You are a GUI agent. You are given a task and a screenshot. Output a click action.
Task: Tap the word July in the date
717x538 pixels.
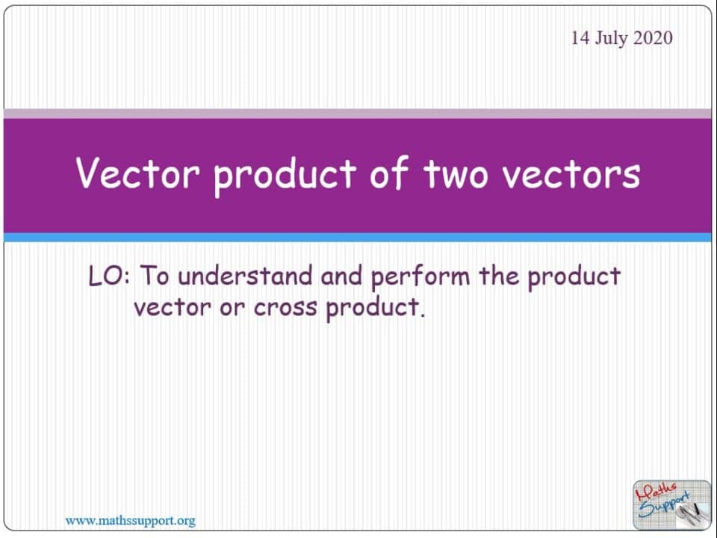612,39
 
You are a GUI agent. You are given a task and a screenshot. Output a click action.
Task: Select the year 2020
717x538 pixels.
653,38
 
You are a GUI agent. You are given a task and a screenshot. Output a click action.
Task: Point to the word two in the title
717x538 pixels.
456,174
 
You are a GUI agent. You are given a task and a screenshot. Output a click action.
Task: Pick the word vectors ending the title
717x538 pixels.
571,174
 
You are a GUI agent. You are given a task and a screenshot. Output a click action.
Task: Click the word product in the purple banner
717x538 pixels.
285,176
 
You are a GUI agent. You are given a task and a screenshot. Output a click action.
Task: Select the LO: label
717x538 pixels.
109,276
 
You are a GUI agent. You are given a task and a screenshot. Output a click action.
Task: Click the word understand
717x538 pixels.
245,276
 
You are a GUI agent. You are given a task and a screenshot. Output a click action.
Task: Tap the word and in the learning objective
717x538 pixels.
341,276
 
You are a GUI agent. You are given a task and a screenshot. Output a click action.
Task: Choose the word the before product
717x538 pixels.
498,276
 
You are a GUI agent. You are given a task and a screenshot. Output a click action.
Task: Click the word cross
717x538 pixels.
285,307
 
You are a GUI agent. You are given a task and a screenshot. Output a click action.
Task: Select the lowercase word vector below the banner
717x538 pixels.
173,306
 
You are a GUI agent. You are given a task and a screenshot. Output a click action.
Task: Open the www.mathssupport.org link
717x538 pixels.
130,521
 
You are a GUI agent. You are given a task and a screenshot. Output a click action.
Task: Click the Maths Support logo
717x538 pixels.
671,504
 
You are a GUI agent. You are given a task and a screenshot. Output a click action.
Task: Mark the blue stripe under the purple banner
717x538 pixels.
358,238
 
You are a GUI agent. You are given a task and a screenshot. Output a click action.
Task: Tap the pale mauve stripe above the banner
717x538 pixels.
358,114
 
